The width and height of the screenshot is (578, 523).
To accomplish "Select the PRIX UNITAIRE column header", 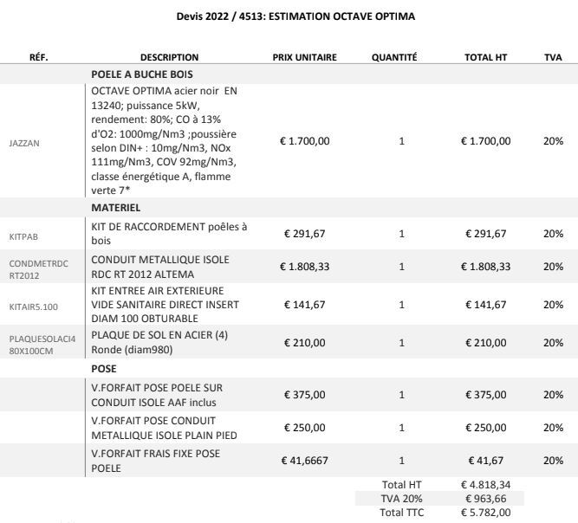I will coord(304,57).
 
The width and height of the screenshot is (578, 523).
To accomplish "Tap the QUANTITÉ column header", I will coord(394,57).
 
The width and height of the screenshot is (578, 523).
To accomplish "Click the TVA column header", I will coord(553,57).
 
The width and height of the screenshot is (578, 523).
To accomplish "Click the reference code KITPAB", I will coord(23,234).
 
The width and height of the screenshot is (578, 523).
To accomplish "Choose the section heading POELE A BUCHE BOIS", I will coord(141,74).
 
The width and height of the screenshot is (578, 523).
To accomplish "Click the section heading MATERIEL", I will coord(117,208).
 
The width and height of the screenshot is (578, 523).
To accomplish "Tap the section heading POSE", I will coord(104,368).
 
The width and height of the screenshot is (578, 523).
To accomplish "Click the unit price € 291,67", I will coord(304,234).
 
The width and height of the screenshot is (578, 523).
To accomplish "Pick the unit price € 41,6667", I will coord(304,461).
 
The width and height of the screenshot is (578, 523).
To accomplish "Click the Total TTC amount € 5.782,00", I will coord(485,513).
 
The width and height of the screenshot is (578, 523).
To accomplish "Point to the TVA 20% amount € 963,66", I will coord(485,500).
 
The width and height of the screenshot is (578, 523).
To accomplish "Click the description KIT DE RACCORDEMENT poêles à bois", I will coord(169,234).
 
